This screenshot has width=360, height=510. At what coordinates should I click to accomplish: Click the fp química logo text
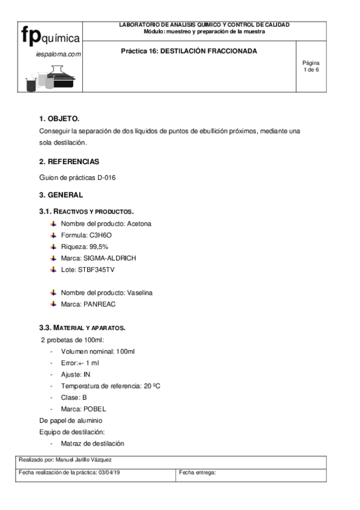point(50,36)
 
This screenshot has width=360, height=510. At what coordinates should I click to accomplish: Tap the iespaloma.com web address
point(58,54)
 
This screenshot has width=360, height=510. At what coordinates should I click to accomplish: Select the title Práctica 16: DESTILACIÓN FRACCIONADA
point(189,51)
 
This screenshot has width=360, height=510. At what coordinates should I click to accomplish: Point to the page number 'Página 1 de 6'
point(311,66)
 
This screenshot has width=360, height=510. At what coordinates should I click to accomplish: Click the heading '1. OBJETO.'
point(59,118)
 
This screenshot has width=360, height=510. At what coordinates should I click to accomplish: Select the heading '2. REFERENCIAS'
point(69,162)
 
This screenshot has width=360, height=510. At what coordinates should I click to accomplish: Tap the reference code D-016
point(105,177)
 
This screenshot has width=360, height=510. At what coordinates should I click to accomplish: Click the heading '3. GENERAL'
point(61,195)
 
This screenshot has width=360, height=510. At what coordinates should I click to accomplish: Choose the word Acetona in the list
point(139,224)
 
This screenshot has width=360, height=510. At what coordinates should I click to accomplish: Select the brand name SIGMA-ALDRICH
point(110,258)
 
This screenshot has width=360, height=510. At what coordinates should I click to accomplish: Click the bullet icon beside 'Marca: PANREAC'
point(53,304)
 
